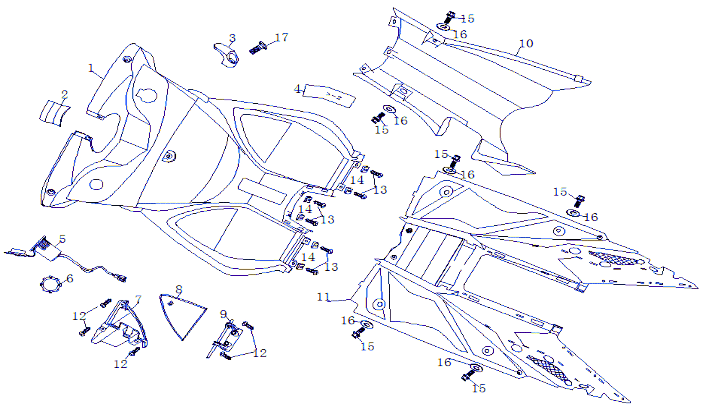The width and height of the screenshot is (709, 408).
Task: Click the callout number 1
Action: pos(91,68)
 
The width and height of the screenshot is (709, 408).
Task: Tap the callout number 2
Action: pos(64,94)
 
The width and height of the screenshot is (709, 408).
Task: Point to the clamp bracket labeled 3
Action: pos(227,55)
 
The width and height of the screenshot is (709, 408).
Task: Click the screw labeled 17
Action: pos(258,48)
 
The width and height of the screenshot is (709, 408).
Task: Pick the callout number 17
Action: pos(282,38)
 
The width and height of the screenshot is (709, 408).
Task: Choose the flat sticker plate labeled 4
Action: pos(330,96)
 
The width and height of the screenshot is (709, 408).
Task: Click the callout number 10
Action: pos(526,44)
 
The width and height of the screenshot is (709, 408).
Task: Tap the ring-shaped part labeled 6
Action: pos(50,285)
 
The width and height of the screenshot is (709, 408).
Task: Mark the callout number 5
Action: pos(63,239)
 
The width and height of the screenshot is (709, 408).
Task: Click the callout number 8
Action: pos(179,290)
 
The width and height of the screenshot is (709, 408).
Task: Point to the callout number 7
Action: pos(138,300)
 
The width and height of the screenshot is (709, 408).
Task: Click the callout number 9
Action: pos(224,314)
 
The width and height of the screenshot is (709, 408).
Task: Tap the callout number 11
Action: pos(323,297)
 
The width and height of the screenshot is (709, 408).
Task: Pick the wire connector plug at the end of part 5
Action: pos(120,277)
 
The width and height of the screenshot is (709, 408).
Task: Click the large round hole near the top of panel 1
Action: pos(146,96)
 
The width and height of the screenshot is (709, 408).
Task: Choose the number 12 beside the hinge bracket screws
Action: pos(260,353)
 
